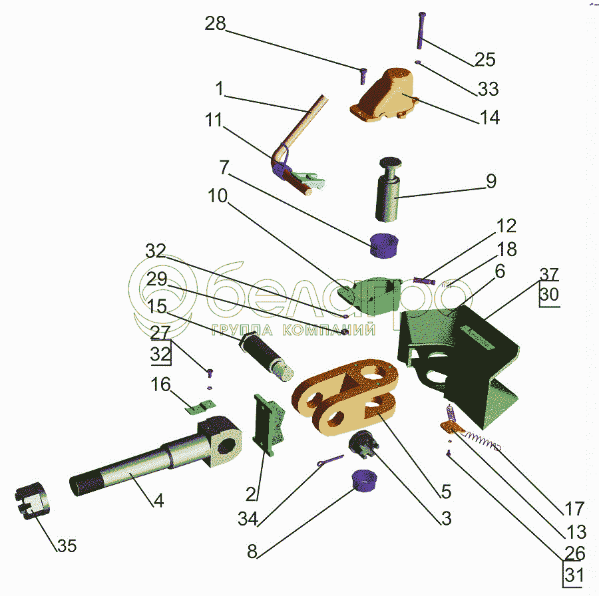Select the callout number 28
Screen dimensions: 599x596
coord(216,24)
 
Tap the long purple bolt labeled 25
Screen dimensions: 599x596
coord(421,31)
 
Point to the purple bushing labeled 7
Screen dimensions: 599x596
coord(384,245)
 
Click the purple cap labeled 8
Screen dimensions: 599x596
coord(363,481)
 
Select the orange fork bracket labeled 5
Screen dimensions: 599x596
coord(345,398)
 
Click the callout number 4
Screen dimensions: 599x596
coord(158,500)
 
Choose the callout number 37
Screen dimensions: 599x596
coord(549,275)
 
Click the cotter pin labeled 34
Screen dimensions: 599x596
coord(330,460)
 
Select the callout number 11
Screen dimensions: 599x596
coord(214,120)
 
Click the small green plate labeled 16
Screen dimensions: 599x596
coord(200,406)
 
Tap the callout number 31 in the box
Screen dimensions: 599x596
coord(574,575)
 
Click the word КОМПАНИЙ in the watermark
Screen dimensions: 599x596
coord(329,329)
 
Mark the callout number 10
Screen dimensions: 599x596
coord(218,196)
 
